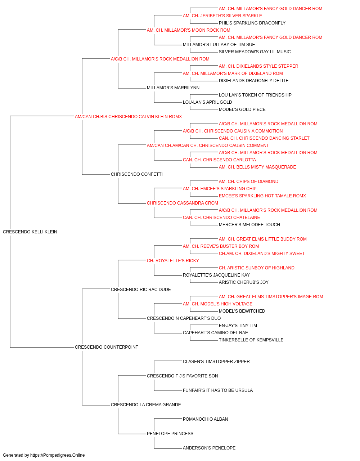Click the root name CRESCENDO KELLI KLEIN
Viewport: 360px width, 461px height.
[30, 232]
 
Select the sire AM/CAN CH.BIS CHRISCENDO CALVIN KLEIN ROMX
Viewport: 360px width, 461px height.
[128, 117]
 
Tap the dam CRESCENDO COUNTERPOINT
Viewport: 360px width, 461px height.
[107, 347]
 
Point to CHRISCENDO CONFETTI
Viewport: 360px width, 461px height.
[137, 174]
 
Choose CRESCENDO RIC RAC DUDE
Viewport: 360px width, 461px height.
[141, 290]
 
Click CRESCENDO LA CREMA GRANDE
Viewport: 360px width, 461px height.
[146, 405]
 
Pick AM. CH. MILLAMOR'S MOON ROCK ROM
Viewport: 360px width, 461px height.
[189, 30]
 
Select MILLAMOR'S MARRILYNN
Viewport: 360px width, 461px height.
[173, 88]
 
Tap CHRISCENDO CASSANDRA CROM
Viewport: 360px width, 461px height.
[182, 203]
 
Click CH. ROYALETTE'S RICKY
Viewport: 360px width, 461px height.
[173, 261]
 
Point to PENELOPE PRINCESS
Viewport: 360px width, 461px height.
[170, 434]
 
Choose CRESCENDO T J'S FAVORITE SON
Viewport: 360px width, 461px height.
[182, 376]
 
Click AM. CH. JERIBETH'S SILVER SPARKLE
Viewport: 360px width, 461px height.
[222, 16]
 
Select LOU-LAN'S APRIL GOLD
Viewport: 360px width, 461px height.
[207, 102]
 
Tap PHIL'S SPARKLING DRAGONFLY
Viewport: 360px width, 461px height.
[252, 23]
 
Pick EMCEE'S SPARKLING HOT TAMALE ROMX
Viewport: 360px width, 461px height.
[262, 196]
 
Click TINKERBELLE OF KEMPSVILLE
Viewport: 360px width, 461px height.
[251, 340]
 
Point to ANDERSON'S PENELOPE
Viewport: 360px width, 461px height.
[209, 448]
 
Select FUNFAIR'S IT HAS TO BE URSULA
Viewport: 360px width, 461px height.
[218, 390]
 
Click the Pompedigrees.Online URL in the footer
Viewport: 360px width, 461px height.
[58, 455]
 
